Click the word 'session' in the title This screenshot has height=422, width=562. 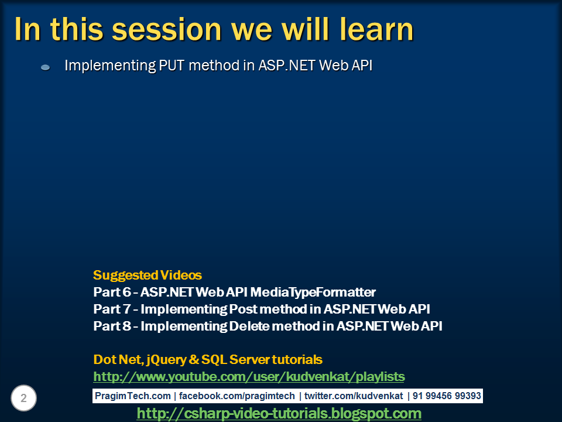(167, 29)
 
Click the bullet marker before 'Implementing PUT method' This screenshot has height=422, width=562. (46, 67)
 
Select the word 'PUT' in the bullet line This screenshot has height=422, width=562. (172, 65)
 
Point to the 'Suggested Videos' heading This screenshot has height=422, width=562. (148, 275)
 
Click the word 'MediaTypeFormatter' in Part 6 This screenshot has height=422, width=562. (313, 292)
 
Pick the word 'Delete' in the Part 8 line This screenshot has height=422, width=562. (249, 326)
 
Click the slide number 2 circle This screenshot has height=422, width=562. (23, 398)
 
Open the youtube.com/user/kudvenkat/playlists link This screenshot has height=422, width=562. (249, 376)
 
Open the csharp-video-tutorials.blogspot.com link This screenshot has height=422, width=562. (279, 413)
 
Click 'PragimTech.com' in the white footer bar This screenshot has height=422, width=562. (133, 396)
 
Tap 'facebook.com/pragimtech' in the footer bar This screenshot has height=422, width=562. (237, 396)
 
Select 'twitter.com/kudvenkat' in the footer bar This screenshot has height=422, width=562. (354, 396)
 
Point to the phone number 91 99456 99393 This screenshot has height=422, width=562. (447, 396)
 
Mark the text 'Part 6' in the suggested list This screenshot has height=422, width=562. (112, 292)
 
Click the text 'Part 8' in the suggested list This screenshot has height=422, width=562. (112, 326)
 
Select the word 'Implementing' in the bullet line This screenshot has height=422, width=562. (110, 66)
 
